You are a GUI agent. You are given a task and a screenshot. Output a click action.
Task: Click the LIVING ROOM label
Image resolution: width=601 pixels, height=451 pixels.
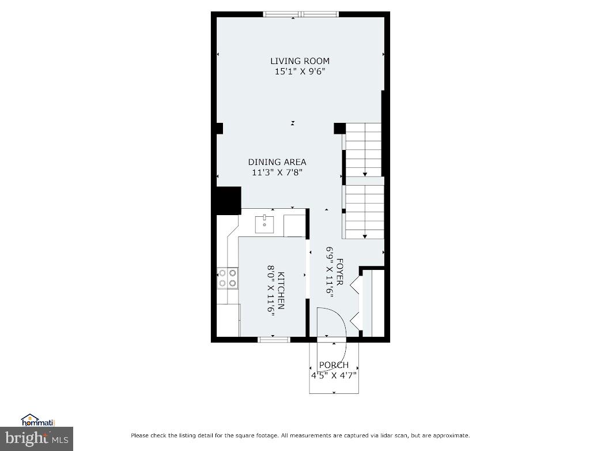click(300, 61)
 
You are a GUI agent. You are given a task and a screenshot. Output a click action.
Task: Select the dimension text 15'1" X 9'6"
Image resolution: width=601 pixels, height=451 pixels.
click(300, 72)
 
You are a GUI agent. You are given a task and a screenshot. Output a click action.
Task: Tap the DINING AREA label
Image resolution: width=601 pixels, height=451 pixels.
click(277, 162)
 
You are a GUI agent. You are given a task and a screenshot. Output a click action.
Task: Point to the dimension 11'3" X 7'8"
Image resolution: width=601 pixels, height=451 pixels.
click(277, 172)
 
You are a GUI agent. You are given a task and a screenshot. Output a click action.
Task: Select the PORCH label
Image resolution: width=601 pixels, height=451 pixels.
click(334, 365)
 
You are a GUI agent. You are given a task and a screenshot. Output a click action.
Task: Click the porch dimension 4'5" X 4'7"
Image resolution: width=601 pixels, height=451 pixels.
click(334, 375)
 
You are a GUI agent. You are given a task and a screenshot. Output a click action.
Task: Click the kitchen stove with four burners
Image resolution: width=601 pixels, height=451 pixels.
click(228, 278)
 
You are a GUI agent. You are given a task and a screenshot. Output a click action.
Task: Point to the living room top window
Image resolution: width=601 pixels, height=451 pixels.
click(300, 14)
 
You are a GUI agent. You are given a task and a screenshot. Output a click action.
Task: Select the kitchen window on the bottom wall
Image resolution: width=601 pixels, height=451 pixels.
click(274, 340)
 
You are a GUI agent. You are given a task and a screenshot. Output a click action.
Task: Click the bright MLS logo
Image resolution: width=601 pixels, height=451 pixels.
click(36, 439)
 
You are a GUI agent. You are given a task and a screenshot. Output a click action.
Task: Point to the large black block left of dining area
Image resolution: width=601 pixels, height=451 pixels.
click(228, 201)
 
